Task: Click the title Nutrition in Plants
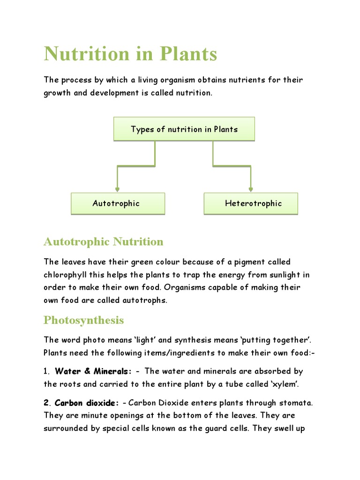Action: tap(130, 54)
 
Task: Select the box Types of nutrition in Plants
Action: tap(184, 129)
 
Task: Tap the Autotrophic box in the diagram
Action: tap(118, 203)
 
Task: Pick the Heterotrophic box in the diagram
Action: tap(251, 203)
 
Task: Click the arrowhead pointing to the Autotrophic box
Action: tap(117, 189)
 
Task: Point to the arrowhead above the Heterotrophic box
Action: tap(251, 189)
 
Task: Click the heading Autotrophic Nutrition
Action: tap(104, 242)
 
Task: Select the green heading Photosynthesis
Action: tap(84, 320)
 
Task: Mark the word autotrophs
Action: tap(144, 300)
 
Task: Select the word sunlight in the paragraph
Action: tap(280, 275)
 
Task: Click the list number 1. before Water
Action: tap(47, 371)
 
